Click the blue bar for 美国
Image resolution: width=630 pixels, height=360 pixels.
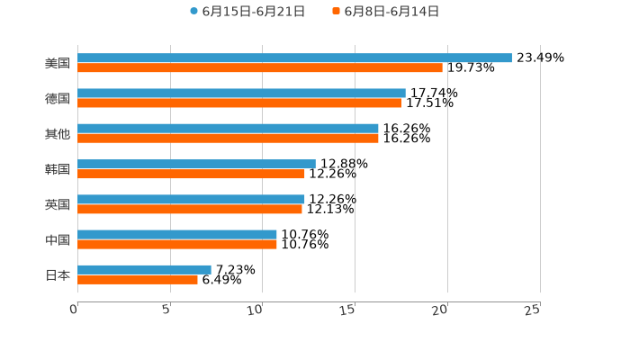[x=294, y=58]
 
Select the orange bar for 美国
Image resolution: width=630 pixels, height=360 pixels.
[x=260, y=67]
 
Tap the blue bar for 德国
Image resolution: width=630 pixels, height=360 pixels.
[x=241, y=93]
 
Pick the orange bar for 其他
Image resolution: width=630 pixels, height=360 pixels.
[x=228, y=139]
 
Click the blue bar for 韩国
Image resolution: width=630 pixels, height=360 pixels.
[x=196, y=164]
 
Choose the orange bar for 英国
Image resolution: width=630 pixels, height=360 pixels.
[x=190, y=209]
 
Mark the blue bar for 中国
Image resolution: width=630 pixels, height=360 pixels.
[x=177, y=234]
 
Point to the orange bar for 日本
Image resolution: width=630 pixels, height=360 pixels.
[x=138, y=279]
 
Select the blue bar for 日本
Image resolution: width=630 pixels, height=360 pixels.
[x=144, y=269]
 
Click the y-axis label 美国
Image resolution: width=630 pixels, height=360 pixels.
[x=58, y=63]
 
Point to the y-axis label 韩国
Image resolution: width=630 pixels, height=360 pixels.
[x=58, y=169]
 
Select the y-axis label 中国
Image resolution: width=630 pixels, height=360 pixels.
[x=58, y=239]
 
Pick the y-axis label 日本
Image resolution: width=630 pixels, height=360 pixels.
[x=58, y=274]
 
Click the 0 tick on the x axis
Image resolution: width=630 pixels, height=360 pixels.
[x=75, y=309]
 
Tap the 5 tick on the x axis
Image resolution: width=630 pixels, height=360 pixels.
[x=166, y=309]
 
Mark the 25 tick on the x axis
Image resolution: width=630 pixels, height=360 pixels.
[x=533, y=309]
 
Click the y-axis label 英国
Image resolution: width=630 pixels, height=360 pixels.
[x=58, y=204]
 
